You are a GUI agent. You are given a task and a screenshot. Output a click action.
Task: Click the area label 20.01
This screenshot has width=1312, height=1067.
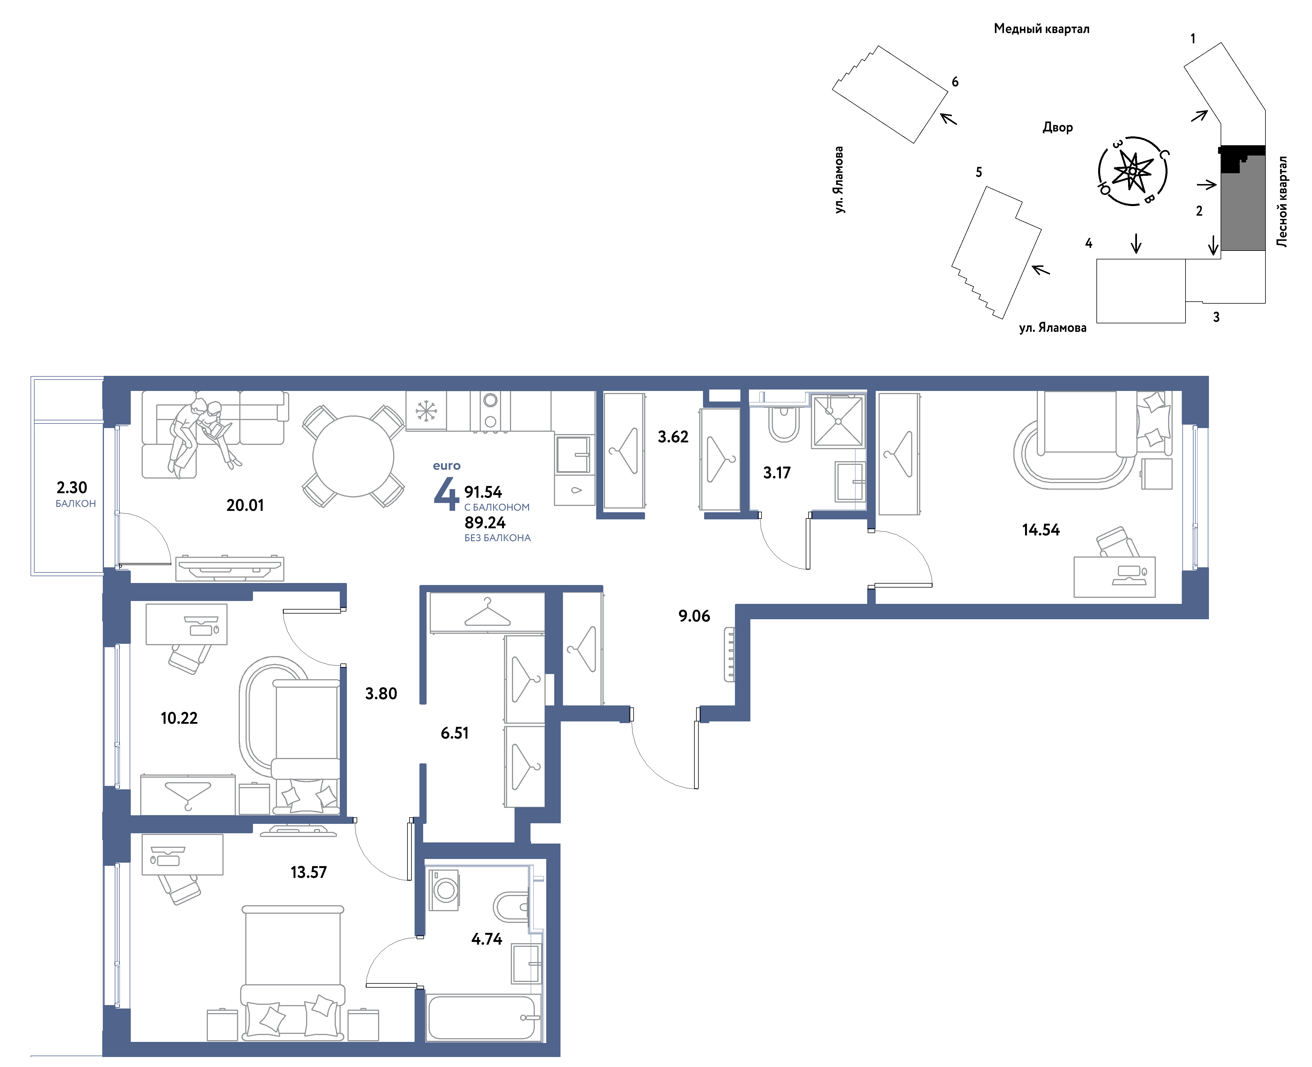(245, 505)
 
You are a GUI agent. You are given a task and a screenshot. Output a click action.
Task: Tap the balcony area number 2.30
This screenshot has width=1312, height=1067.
(72, 487)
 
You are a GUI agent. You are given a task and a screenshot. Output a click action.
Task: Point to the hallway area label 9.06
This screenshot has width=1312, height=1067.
(694, 616)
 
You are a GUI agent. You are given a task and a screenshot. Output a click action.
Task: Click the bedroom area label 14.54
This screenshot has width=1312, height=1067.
(1041, 530)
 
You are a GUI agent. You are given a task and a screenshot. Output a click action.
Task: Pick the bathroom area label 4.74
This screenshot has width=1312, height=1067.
(486, 939)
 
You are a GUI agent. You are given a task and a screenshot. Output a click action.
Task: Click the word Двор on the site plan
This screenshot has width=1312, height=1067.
(1058, 127)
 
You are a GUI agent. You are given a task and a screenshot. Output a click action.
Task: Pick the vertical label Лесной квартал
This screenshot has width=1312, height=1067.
(1282, 201)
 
